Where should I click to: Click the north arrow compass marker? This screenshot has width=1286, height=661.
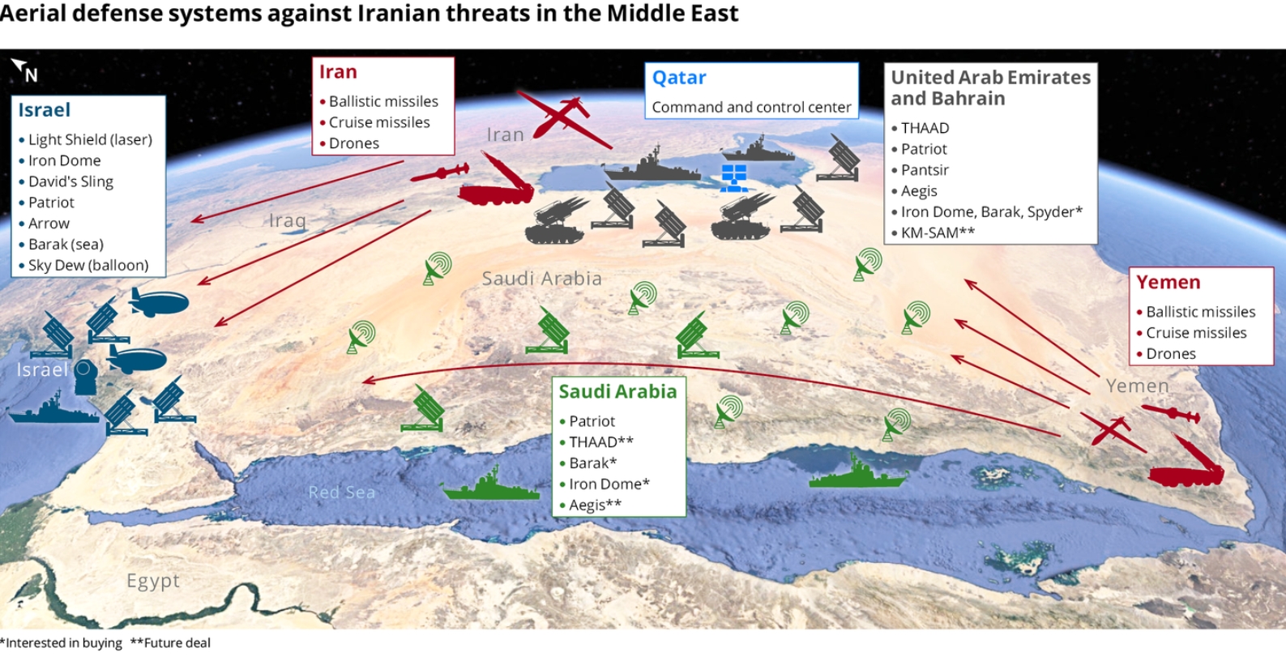pyautogui.click(x=24, y=70)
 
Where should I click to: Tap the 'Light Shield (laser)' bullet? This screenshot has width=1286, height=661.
pyautogui.click(x=90, y=139)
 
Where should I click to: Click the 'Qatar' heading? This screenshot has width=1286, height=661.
pyautogui.click(x=679, y=78)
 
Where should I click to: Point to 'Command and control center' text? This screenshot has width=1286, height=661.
pyautogui.click(x=751, y=107)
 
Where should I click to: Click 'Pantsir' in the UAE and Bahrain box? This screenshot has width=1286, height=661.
pyautogui.click(x=925, y=170)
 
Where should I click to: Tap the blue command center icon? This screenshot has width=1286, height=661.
pyautogui.click(x=734, y=178)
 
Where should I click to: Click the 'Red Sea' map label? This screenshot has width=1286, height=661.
pyautogui.click(x=342, y=492)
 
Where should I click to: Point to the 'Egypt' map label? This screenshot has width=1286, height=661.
pyautogui.click(x=153, y=581)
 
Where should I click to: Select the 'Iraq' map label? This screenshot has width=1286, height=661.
pyautogui.click(x=288, y=220)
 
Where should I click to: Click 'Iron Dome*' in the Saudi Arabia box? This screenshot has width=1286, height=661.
pyautogui.click(x=609, y=484)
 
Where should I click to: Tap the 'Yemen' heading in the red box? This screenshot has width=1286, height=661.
pyautogui.click(x=1169, y=282)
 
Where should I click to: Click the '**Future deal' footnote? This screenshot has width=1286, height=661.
pyautogui.click(x=170, y=642)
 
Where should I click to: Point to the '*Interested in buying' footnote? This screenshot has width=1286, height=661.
pyautogui.click(x=61, y=642)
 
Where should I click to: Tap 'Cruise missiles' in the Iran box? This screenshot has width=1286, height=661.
pyautogui.click(x=379, y=122)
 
